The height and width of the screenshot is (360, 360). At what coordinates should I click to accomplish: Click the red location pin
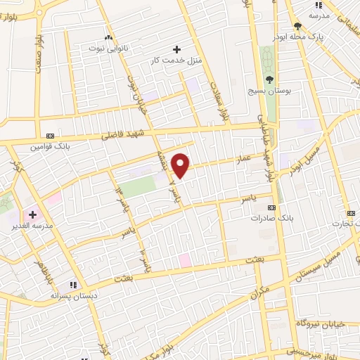(181, 165)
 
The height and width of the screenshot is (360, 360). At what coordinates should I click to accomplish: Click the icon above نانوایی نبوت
(108, 37)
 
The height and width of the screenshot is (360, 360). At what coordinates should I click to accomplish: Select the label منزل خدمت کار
(176, 61)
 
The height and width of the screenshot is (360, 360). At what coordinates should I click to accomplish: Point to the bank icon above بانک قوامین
(49, 136)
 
